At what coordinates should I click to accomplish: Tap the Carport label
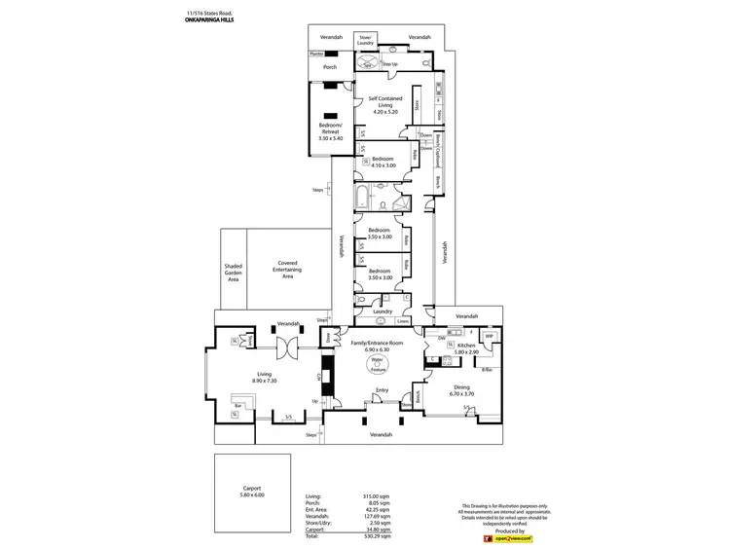(x=252, y=492)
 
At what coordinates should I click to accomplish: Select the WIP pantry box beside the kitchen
(x=490, y=338)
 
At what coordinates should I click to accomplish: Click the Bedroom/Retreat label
(x=330, y=131)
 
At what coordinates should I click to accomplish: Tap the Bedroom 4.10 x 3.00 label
(x=383, y=162)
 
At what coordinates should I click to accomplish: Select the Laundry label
(x=382, y=311)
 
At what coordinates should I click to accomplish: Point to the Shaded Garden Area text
(x=233, y=272)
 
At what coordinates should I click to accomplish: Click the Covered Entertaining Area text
(x=287, y=270)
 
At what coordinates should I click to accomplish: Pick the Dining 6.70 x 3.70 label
(x=460, y=389)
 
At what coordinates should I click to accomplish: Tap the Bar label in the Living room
(x=237, y=406)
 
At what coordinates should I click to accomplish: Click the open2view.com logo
(x=513, y=537)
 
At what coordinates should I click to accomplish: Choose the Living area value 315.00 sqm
(x=376, y=495)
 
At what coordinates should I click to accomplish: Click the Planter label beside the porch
(x=316, y=55)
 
